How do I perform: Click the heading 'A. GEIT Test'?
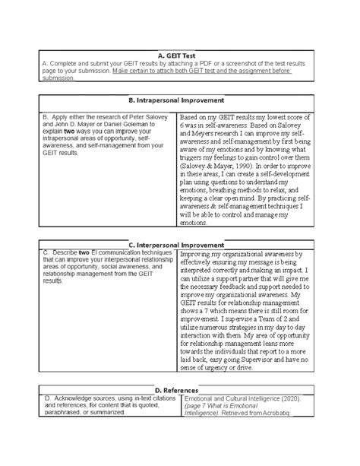(x=179, y=55)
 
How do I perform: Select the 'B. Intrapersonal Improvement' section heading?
(x=180, y=100)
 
